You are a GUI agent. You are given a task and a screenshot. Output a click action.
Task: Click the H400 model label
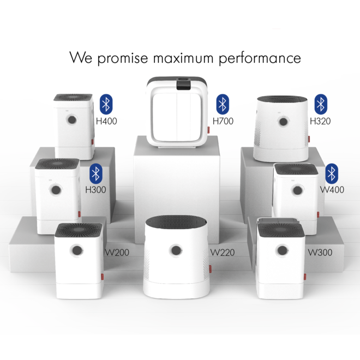tap(106, 121)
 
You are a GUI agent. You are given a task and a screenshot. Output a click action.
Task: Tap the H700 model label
tap(223, 121)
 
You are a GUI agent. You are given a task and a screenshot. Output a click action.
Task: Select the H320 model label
tap(320, 121)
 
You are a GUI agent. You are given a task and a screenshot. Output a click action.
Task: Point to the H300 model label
tap(95, 190)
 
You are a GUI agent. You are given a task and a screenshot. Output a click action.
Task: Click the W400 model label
tap(332, 190)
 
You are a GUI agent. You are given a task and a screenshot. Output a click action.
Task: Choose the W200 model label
tap(117, 253)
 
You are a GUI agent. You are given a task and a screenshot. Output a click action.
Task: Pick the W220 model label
tap(223, 253)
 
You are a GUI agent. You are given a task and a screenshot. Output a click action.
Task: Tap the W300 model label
tap(320, 253)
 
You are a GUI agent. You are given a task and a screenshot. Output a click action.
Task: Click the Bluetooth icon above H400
tap(106, 104)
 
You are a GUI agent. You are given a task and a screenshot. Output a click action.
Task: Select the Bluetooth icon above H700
tap(223, 104)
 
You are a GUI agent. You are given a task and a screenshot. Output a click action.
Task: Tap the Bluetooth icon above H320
tap(321, 104)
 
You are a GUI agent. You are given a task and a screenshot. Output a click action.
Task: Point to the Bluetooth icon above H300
tap(96, 173)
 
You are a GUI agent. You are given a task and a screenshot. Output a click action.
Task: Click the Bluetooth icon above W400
tap(332, 173)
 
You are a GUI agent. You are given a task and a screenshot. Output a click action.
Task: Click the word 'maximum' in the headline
tap(183, 58)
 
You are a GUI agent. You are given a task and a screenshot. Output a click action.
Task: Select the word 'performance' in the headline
tap(260, 58)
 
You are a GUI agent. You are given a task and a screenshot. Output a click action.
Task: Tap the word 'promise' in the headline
tap(123, 58)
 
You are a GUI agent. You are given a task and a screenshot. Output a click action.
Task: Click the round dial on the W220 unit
tap(176, 250)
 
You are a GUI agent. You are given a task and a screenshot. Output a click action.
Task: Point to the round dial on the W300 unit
tap(282, 250)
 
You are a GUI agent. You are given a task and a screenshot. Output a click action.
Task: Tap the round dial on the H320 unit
tap(283, 122)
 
